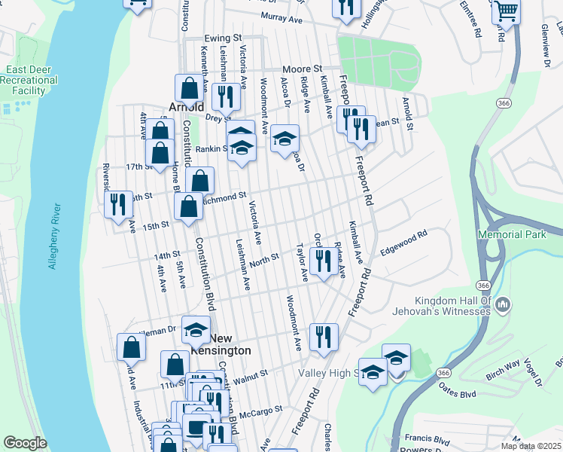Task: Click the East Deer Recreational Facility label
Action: (x=32, y=80)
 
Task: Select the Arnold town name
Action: (x=187, y=107)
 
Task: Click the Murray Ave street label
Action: (x=280, y=17)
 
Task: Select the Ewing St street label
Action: (x=223, y=37)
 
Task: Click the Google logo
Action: (x=25, y=443)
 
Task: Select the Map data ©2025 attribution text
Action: (x=530, y=446)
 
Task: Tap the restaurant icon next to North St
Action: (x=323, y=261)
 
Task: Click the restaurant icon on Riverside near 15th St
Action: (x=117, y=204)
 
